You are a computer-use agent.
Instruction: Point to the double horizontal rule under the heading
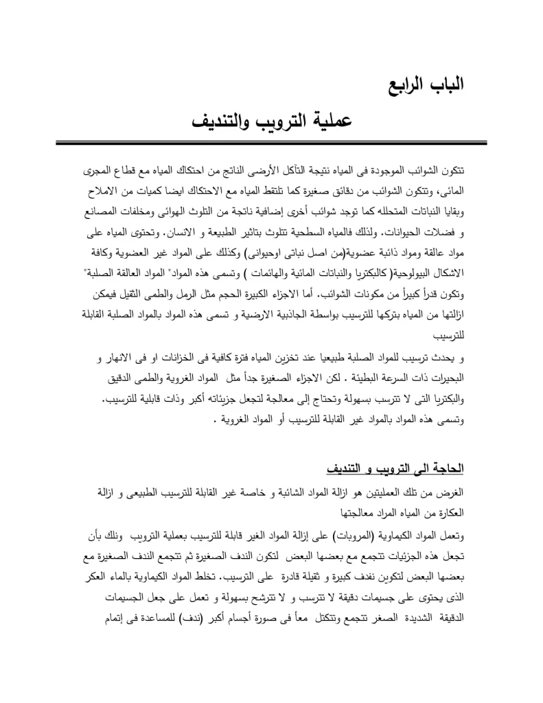[272, 143]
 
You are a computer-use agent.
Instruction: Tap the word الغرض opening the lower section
[451, 494]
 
